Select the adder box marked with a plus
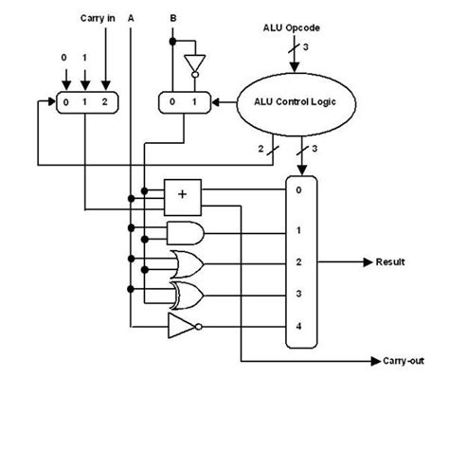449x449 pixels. pyautogui.click(x=183, y=195)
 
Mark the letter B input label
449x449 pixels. pyautogui.click(x=173, y=18)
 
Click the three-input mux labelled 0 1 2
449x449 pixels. pyautogui.click(x=81, y=101)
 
